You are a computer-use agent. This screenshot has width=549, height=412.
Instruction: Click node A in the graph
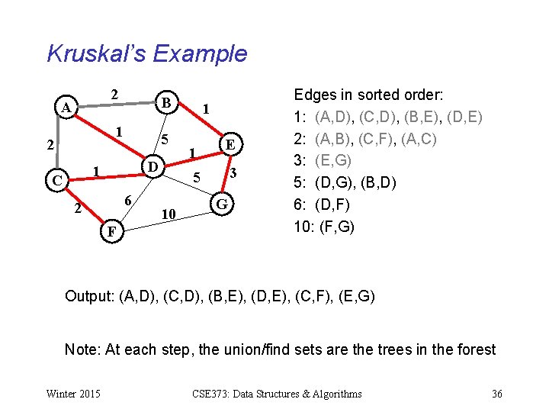click(x=68, y=108)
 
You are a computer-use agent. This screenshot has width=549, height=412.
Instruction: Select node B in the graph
click(x=165, y=101)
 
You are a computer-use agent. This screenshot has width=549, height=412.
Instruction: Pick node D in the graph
click(x=152, y=167)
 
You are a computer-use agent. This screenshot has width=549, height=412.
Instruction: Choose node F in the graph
click(x=111, y=230)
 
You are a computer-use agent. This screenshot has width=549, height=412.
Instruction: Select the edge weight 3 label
click(x=236, y=174)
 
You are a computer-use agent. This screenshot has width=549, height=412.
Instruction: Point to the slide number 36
click(x=496, y=394)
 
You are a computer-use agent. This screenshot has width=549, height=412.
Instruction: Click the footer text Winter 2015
click(x=73, y=394)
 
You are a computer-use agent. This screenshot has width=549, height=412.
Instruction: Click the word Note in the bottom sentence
click(x=80, y=349)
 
